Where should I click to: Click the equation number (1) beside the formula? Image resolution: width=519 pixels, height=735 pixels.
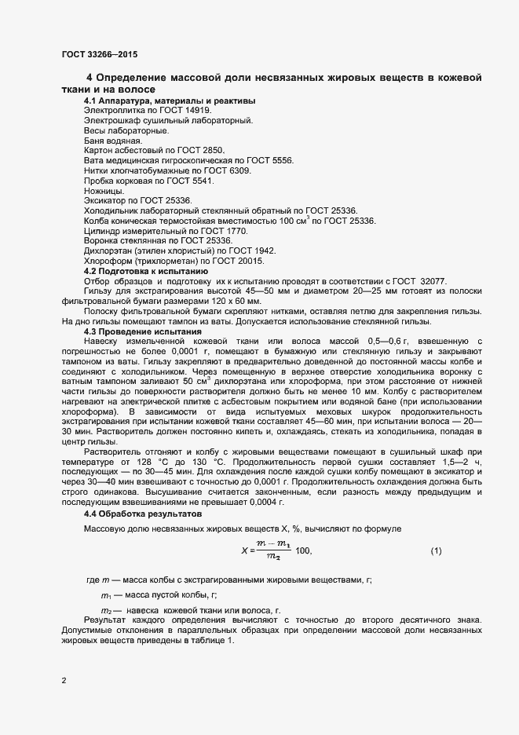point(436,551)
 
